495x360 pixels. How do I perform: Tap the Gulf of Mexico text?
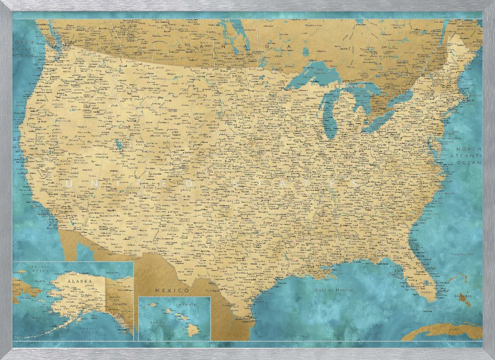tap(335, 290)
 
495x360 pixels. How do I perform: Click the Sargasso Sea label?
tap(462, 255)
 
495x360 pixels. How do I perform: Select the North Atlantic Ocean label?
tap(468, 155)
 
